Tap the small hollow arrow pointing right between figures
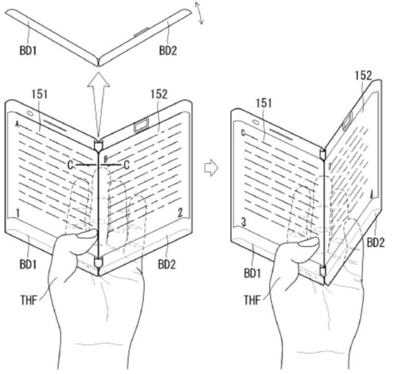pyautogui.click(x=211, y=168)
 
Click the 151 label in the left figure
pyautogui.click(x=40, y=94)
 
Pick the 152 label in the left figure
pyautogui.click(x=159, y=94)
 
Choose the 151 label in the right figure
pyautogui.click(x=264, y=103)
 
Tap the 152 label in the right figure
pyautogui.click(x=363, y=75)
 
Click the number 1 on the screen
pyautogui.click(x=17, y=213)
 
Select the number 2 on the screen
pyautogui.click(x=180, y=212)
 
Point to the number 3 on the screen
pyautogui.click(x=243, y=223)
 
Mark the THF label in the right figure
pyautogui.click(x=253, y=300)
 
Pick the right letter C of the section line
pyautogui.click(x=126, y=165)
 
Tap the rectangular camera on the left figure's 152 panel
pyautogui.click(x=140, y=125)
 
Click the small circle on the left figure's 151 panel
pyautogui.click(x=29, y=113)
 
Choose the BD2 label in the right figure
pyautogui.click(x=375, y=242)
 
